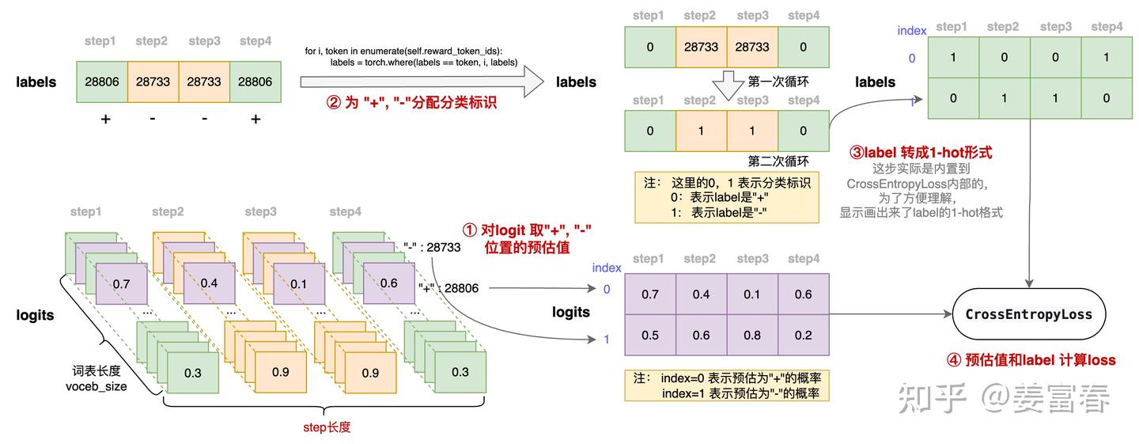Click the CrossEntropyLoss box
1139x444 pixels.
coord(1028,314)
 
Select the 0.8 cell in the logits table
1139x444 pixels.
coord(752,334)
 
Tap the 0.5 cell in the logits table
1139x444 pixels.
coord(650,334)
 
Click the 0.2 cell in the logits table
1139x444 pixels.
coord(803,334)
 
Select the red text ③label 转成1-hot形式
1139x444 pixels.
coord(920,152)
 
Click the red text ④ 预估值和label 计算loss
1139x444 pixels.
coord(1031,360)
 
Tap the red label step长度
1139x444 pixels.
coord(327,427)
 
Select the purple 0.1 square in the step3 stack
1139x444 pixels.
coord(298,283)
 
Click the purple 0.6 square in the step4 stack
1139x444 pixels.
coord(388,283)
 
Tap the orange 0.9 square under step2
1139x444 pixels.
coord(280,372)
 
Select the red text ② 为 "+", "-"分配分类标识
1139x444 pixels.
coord(411,102)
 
